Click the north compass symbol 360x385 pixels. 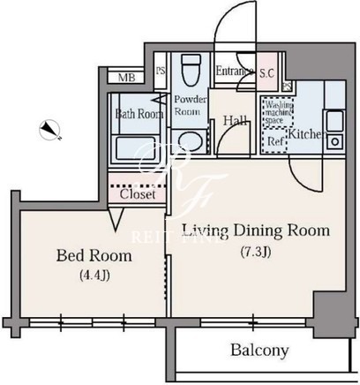pyautogui.click(x=49, y=130)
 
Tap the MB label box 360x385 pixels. pyautogui.click(x=126, y=78)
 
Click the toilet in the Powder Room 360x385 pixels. pyautogui.click(x=191, y=71)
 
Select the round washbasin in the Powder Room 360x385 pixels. pyautogui.click(x=191, y=141)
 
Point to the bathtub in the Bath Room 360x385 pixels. pyautogui.click(x=135, y=148)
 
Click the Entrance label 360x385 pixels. pyautogui.click(x=235, y=71)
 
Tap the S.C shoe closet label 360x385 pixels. pyautogui.click(x=266, y=73)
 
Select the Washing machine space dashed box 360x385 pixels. pyautogui.click(x=278, y=113)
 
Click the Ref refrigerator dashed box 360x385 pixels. pyautogui.click(x=274, y=141)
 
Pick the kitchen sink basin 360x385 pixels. pyautogui.click(x=334, y=121)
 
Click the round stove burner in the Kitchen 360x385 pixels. pyautogui.click(x=334, y=142)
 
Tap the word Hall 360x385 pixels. pyautogui.click(x=235, y=120)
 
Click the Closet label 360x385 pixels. pyautogui.click(x=138, y=194)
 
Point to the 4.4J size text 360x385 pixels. pyautogui.click(x=94, y=276)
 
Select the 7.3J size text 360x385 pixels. pyautogui.click(x=256, y=252)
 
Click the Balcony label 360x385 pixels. pyautogui.click(x=259, y=351)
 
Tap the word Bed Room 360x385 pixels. pyautogui.click(x=94, y=255)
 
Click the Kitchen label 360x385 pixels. pyautogui.click(x=307, y=134)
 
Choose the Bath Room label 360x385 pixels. pyautogui.click(x=139, y=114)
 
